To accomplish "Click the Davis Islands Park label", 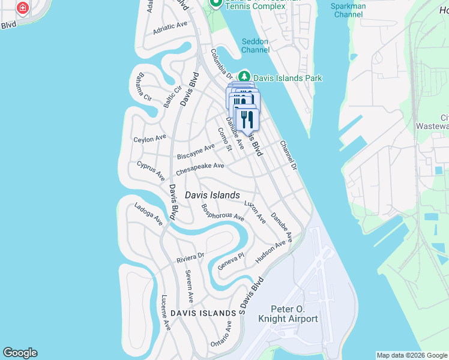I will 288,78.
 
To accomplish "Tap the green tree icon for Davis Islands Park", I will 244,77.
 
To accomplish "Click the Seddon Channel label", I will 255,46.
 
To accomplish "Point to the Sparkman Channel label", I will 348,10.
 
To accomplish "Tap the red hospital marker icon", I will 22,8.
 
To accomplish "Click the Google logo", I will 20,353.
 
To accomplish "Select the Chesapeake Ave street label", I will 200,169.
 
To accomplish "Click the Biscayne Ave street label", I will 196,151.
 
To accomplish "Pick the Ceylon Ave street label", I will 149,139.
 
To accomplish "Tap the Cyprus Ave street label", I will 151,170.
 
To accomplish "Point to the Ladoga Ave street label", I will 148,213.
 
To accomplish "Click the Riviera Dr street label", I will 190,258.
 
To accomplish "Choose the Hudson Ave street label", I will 270,251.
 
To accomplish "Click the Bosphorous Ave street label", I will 223,212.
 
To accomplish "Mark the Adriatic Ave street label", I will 170,27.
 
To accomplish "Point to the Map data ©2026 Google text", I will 411,355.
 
